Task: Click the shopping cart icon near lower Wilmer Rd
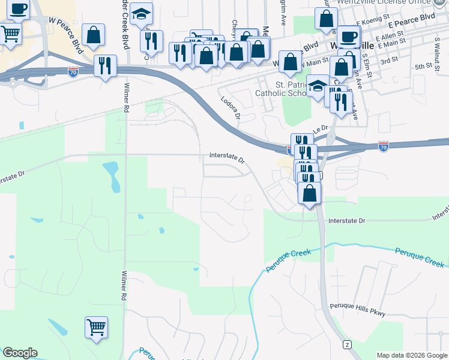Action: [96, 328]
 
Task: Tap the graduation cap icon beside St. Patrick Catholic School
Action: [318, 86]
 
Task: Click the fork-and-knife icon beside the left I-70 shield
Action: [106, 65]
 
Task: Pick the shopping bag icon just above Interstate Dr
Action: [309, 193]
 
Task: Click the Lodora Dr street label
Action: [230, 108]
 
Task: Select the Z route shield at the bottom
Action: [346, 344]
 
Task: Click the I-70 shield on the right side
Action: [384, 145]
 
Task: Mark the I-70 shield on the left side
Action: [73, 71]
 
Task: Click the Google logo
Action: [20, 353]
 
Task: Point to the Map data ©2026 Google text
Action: [411, 355]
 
